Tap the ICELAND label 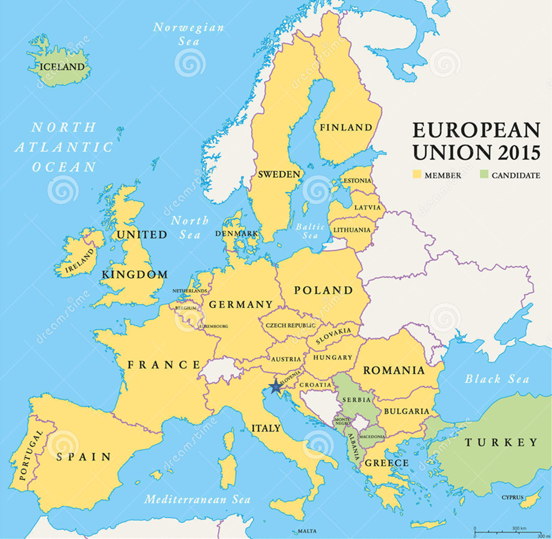(62, 67)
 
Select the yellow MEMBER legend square (417, 174)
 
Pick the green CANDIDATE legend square (484, 174)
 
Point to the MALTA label (307, 531)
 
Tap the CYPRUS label (512, 497)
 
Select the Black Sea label (497, 379)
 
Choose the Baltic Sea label (310, 231)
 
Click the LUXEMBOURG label (213, 326)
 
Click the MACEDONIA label (372, 437)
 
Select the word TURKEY (501, 443)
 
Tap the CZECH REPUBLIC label (291, 325)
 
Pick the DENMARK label (236, 234)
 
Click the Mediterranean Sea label (197, 499)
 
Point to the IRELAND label (80, 262)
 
